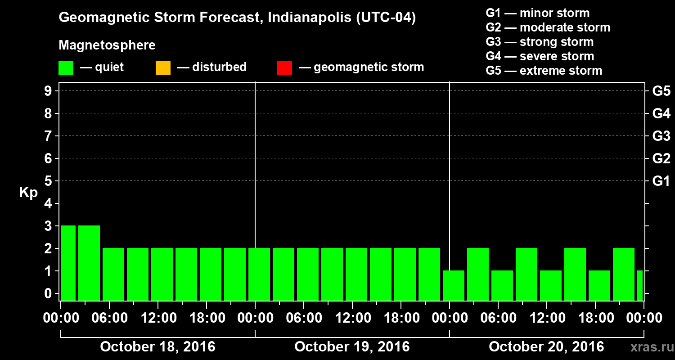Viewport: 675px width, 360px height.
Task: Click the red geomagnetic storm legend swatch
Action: pyautogui.click(x=285, y=68)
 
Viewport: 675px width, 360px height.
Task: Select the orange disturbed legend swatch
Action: pyautogui.click(x=163, y=68)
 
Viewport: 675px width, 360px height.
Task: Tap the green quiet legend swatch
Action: pyautogui.click(x=66, y=68)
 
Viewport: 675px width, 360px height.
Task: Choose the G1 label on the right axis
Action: pyautogui.click(x=661, y=181)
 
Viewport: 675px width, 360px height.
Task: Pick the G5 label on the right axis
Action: pyautogui.click(x=661, y=91)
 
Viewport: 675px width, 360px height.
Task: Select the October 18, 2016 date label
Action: pyautogui.click(x=157, y=347)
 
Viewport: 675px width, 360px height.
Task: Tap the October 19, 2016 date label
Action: pyautogui.click(x=352, y=347)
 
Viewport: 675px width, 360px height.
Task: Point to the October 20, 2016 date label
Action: pyautogui.click(x=546, y=347)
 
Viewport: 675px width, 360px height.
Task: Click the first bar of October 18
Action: pyautogui.click(x=68, y=263)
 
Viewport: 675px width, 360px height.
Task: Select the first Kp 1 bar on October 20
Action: pyautogui.click(x=454, y=285)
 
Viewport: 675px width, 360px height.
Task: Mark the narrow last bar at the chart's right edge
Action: pyautogui.click(x=640, y=285)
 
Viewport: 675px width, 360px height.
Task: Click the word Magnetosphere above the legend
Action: pyautogui.click(x=107, y=45)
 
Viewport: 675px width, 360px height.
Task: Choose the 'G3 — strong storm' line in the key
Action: pyautogui.click(x=540, y=42)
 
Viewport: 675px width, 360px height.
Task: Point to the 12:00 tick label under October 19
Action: pyautogui.click(x=352, y=318)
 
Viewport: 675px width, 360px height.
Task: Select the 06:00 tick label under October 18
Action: pyautogui.click(x=109, y=318)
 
